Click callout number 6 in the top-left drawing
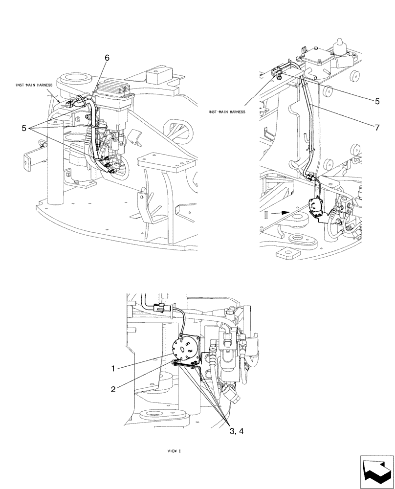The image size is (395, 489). click(x=107, y=58)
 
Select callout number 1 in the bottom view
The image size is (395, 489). click(x=113, y=367)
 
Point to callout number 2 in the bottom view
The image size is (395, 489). click(x=113, y=389)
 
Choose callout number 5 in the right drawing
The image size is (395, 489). click(x=377, y=102)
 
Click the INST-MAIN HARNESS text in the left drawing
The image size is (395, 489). click(x=35, y=85)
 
